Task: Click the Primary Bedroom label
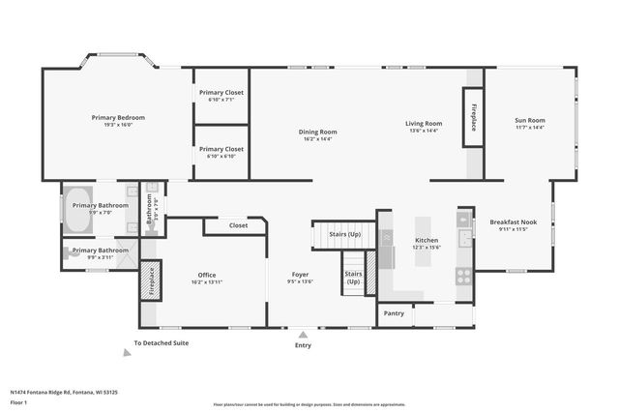(111, 117)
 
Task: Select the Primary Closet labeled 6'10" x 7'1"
(221, 92)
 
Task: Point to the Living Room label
(423, 123)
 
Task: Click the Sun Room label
(529, 120)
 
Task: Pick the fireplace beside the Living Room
(474, 118)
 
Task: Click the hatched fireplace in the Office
(151, 280)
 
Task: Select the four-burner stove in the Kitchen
(463, 274)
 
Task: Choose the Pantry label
(394, 313)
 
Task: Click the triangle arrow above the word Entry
(304, 334)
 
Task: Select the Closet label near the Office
(238, 225)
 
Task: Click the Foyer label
(301, 274)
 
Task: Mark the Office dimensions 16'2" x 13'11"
(207, 281)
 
